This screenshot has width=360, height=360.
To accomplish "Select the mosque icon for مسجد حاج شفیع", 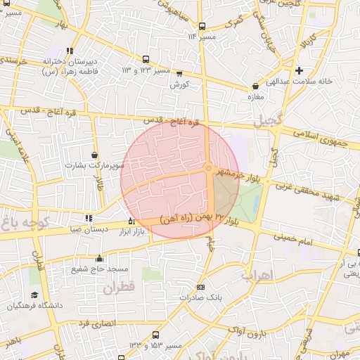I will click(99, 258).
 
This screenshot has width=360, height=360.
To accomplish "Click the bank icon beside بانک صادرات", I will click(201, 287).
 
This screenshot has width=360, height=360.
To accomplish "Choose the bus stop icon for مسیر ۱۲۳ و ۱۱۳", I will click(146, 60).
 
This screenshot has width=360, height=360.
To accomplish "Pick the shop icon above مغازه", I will click(255, 86).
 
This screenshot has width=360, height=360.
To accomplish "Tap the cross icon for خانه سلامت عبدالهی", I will click(300, 70).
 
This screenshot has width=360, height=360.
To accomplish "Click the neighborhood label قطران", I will click(118, 287).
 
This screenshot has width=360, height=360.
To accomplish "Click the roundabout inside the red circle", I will click(208, 167).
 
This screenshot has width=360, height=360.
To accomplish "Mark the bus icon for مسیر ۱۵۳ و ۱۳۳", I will click(155, 335).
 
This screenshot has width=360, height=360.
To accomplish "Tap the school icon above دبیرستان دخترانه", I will click(69, 50).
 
